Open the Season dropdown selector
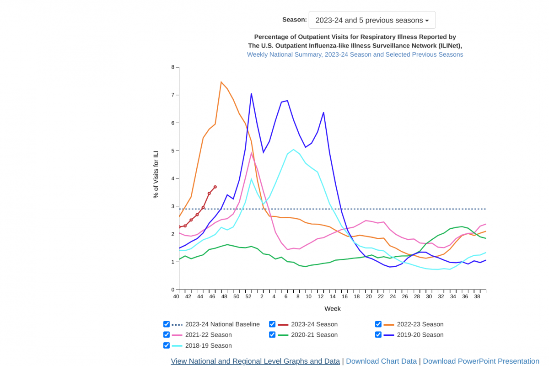(372, 20)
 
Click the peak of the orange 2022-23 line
(221, 82)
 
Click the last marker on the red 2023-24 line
(215, 187)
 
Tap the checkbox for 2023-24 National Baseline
(167, 324)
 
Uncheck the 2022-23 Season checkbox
(378, 324)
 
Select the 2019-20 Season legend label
(420, 335)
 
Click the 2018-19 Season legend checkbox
(167, 345)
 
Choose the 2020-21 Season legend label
(314, 335)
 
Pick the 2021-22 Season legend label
(208, 335)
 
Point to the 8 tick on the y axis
(173, 67)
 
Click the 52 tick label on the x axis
(248, 296)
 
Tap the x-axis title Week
(333, 309)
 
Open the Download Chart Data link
(381, 361)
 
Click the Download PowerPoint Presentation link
(481, 361)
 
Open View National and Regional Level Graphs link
(255, 361)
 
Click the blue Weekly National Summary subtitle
(355, 54)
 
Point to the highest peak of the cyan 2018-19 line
(293, 150)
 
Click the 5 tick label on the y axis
(173, 151)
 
